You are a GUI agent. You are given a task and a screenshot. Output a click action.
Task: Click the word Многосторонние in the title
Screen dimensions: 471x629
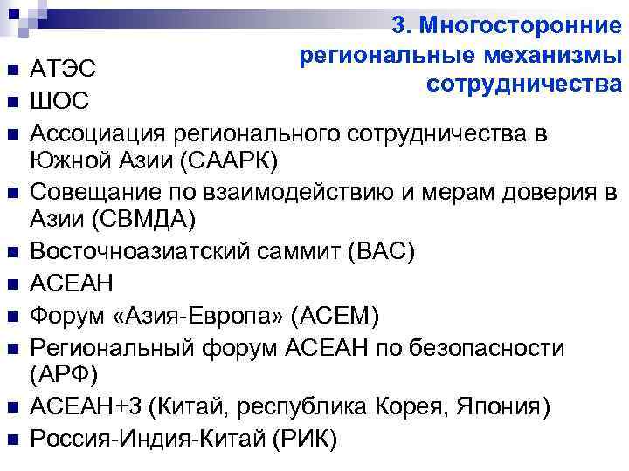point(522,25)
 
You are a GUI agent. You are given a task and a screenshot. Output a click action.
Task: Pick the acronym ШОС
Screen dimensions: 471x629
point(59,101)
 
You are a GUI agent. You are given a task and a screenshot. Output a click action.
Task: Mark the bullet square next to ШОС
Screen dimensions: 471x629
point(11,103)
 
